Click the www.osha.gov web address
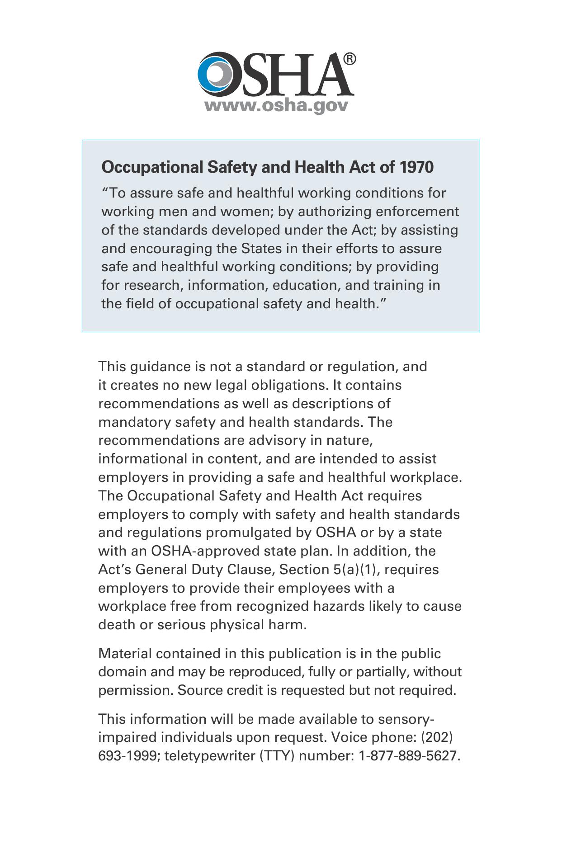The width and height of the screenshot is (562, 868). click(x=276, y=105)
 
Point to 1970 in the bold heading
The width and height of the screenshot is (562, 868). click(x=416, y=167)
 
